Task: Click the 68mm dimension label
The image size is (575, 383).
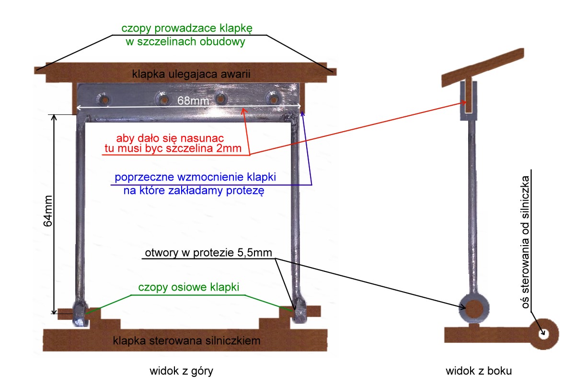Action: pos(188,101)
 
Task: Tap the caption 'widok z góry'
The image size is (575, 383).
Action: pos(181,371)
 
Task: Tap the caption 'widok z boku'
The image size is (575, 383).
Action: pos(472,371)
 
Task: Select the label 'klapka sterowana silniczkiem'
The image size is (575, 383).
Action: pos(186,341)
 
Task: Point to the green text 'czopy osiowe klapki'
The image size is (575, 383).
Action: pos(188,287)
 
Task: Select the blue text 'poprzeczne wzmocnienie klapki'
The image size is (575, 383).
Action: pos(195,177)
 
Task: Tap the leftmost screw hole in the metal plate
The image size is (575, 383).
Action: pos(103,100)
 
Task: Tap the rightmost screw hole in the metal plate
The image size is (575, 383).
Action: pos(274,99)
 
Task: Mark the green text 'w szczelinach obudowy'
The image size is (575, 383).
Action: pos(185,42)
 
